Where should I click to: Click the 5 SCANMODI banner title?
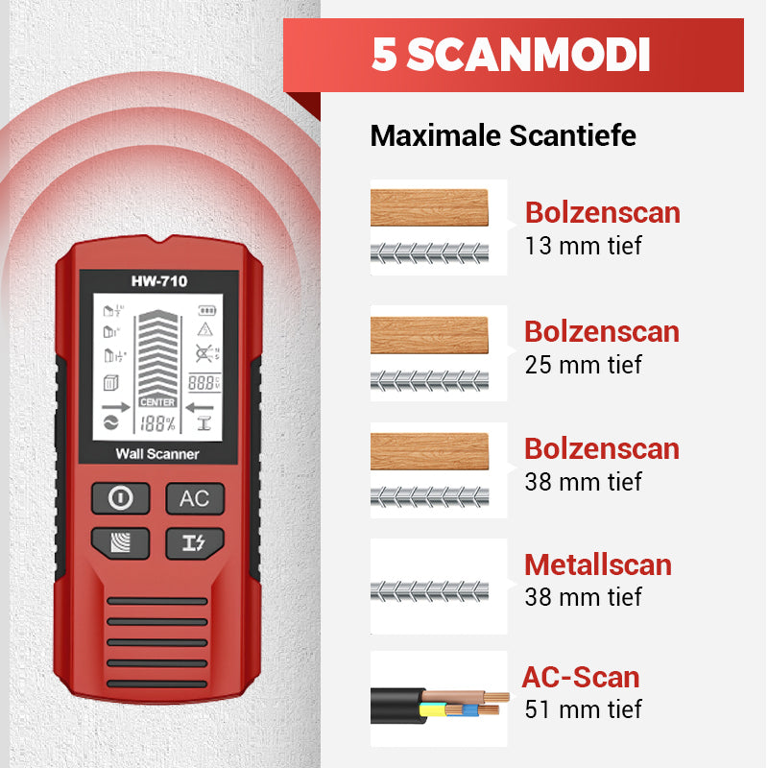(x=512, y=55)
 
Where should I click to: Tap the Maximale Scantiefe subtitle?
(x=503, y=135)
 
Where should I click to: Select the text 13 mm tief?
(x=583, y=246)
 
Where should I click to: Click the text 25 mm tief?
(x=583, y=365)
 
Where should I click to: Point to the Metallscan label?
(x=597, y=564)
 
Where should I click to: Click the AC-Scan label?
(x=581, y=677)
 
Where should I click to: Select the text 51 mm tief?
(x=583, y=709)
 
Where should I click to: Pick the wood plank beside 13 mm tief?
(x=429, y=207)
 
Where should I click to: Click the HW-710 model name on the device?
(x=159, y=281)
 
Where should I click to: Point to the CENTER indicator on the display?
(x=157, y=402)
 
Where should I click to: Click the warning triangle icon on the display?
(x=204, y=329)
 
